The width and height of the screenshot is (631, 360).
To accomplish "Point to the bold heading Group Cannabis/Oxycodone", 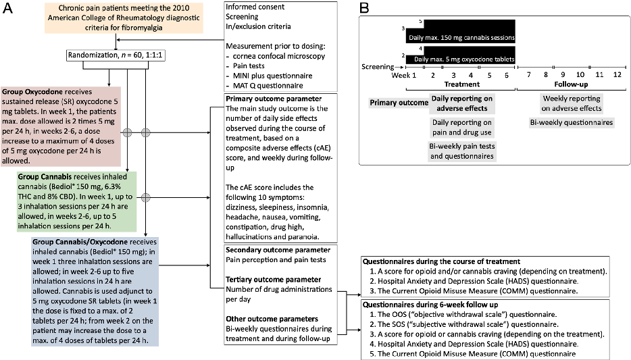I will [x=74, y=241].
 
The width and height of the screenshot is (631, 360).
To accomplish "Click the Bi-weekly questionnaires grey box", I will [x=572, y=122].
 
